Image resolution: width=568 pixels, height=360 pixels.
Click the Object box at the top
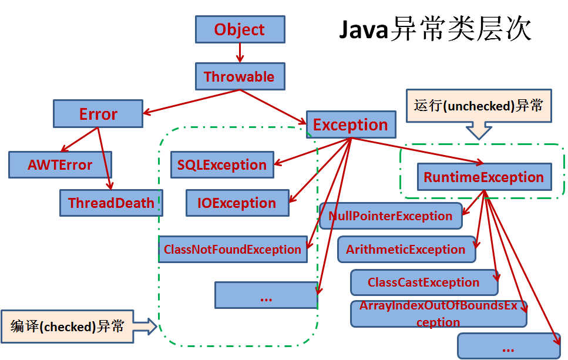tap(240, 29)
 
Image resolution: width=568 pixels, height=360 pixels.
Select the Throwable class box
tap(239, 76)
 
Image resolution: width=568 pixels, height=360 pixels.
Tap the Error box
tap(98, 114)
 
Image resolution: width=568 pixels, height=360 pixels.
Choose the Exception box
tap(350, 125)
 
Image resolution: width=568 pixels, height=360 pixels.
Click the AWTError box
tap(60, 165)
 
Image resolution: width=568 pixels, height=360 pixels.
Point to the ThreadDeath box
tap(111, 203)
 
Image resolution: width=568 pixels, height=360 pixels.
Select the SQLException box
tap(222, 165)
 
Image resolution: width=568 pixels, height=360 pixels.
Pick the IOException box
tap(237, 203)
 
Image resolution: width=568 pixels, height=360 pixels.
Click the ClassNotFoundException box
tap(233, 249)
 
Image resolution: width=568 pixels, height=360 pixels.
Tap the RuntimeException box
tap(484, 177)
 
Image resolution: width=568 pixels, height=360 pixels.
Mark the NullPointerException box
tap(391, 216)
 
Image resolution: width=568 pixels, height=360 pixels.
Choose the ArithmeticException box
tap(406, 249)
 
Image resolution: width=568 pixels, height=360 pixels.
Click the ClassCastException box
tap(424, 282)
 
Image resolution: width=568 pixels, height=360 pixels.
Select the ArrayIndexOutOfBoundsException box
tap(438, 314)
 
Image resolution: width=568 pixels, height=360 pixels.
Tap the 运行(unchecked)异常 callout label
tap(479, 106)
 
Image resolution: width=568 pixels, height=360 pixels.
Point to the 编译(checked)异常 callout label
tap(68, 326)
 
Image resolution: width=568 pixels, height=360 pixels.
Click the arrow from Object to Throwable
tap(240, 52)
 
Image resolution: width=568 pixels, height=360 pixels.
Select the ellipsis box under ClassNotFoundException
tap(265, 295)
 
